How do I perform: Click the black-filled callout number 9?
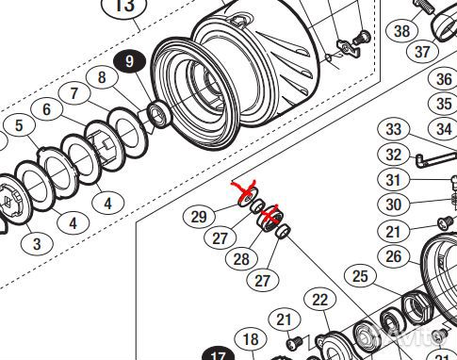(130, 61)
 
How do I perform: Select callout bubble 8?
(102, 77)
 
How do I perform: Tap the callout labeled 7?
(74, 93)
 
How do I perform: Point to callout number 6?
(46, 109)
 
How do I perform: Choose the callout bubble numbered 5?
(19, 125)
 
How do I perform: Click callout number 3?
(37, 244)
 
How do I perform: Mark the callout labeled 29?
(199, 217)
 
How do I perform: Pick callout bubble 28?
(241, 259)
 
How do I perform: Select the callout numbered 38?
(402, 31)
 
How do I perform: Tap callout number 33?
(394, 129)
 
